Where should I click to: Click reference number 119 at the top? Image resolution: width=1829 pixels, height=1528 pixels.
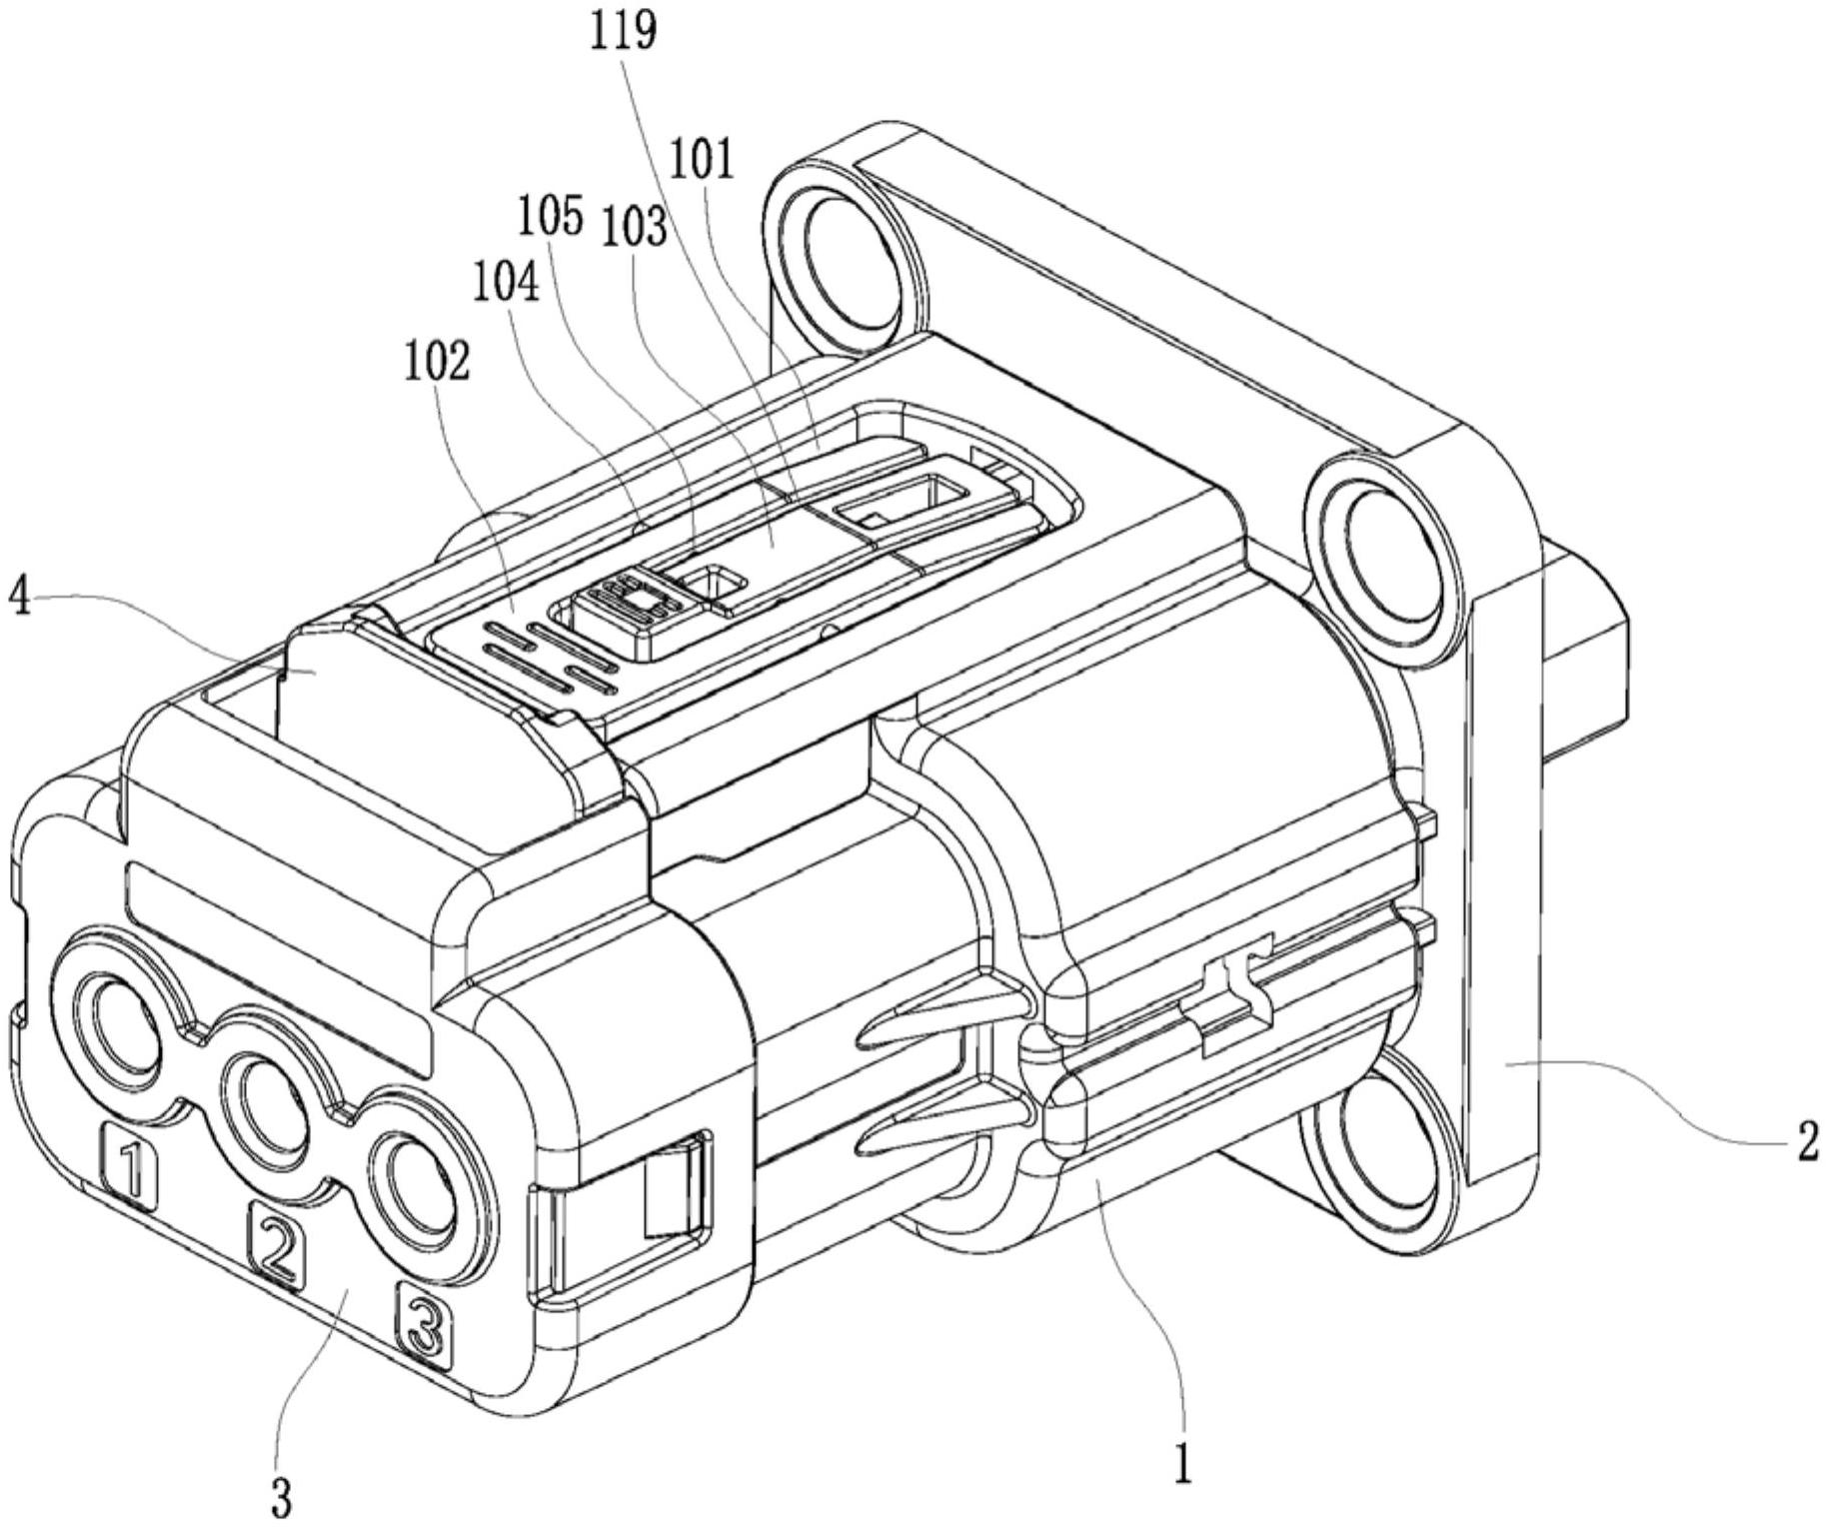[623, 30]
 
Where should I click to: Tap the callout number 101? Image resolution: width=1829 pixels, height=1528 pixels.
[701, 160]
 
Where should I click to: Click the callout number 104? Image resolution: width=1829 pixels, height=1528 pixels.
[507, 284]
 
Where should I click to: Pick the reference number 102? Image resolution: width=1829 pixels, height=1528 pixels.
[437, 362]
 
